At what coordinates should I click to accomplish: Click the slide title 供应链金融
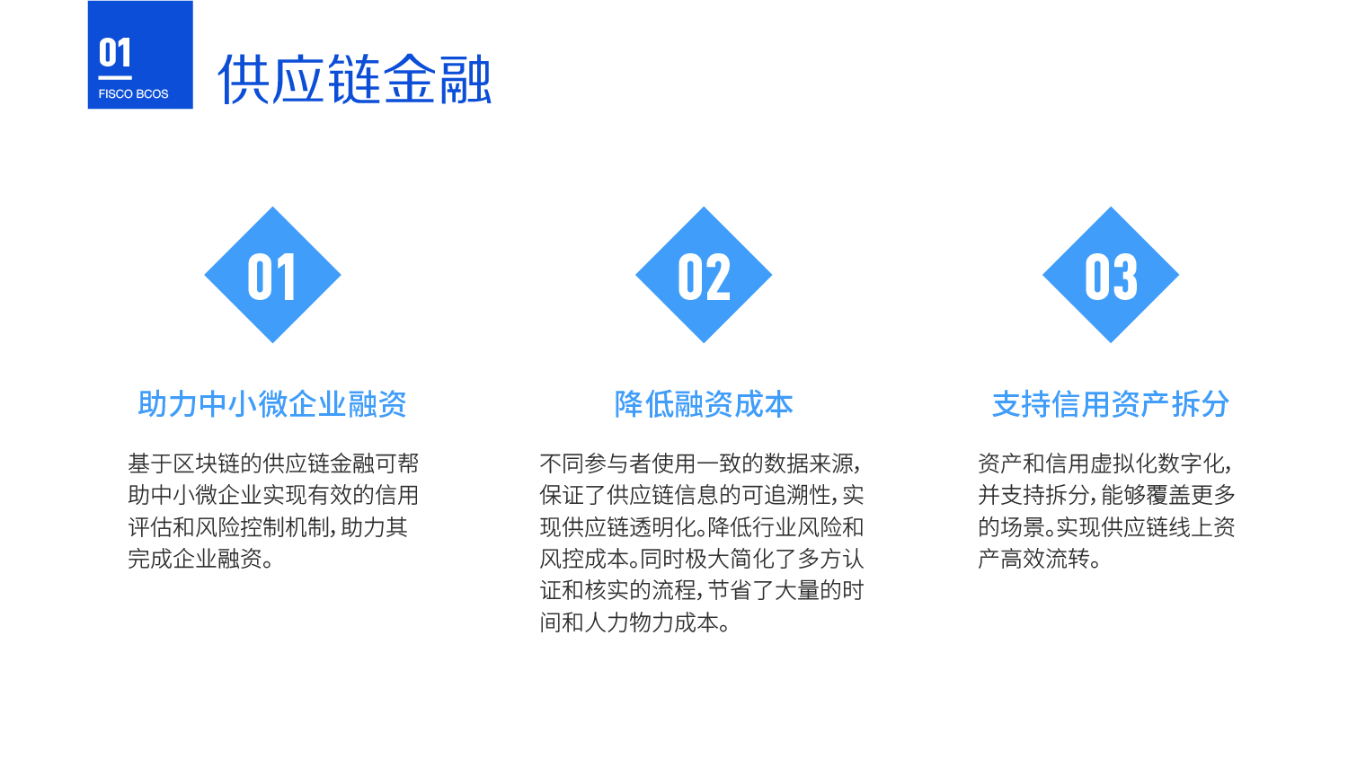click(354, 79)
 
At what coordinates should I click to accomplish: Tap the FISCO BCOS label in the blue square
click(133, 93)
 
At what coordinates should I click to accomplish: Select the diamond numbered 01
click(272, 275)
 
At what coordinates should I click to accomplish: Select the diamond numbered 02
click(704, 275)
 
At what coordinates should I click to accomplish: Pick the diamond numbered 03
click(1110, 275)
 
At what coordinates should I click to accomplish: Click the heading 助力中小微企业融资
click(272, 403)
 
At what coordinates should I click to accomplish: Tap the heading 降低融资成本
click(704, 403)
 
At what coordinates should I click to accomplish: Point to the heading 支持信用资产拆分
click(1110, 403)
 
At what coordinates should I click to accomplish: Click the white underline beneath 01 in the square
click(115, 77)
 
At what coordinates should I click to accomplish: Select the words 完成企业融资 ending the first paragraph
click(195, 560)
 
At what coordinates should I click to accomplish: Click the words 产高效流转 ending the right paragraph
click(1033, 560)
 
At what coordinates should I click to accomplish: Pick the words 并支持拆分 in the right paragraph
click(1033, 496)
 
